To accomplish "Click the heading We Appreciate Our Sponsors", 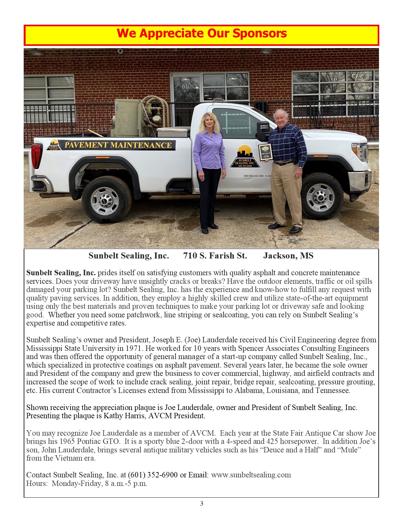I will [202, 34].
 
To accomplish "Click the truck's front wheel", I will [322, 196].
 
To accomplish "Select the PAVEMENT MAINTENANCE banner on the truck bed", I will [118, 145].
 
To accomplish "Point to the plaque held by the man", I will [265, 152].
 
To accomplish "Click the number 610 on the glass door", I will [186, 86].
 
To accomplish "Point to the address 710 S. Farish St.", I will [215, 256].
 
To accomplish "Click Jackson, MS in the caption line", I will [288, 256].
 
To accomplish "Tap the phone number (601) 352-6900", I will [153, 475].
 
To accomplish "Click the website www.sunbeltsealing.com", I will [251, 475].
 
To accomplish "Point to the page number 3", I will [202, 503].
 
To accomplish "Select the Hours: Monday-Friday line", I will [87, 483].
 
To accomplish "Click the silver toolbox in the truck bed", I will [174, 132].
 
